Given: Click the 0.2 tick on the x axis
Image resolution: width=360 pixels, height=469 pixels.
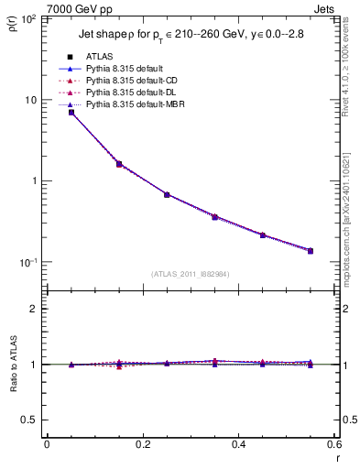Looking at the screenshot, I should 142,446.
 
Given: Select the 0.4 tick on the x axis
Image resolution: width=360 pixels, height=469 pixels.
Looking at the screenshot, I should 238,446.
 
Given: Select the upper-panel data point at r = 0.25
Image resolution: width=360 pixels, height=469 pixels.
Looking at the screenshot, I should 167,194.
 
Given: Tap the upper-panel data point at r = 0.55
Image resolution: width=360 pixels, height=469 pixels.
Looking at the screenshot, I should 311,250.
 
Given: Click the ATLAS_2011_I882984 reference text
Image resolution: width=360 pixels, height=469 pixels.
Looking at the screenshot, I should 191,273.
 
